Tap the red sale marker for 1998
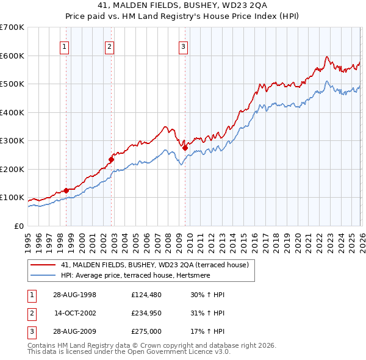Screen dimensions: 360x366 click(66, 190)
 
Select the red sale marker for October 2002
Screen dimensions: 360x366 click(111, 159)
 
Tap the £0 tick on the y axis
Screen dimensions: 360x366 click(18, 226)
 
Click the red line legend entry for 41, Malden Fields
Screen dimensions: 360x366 click(154, 265)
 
